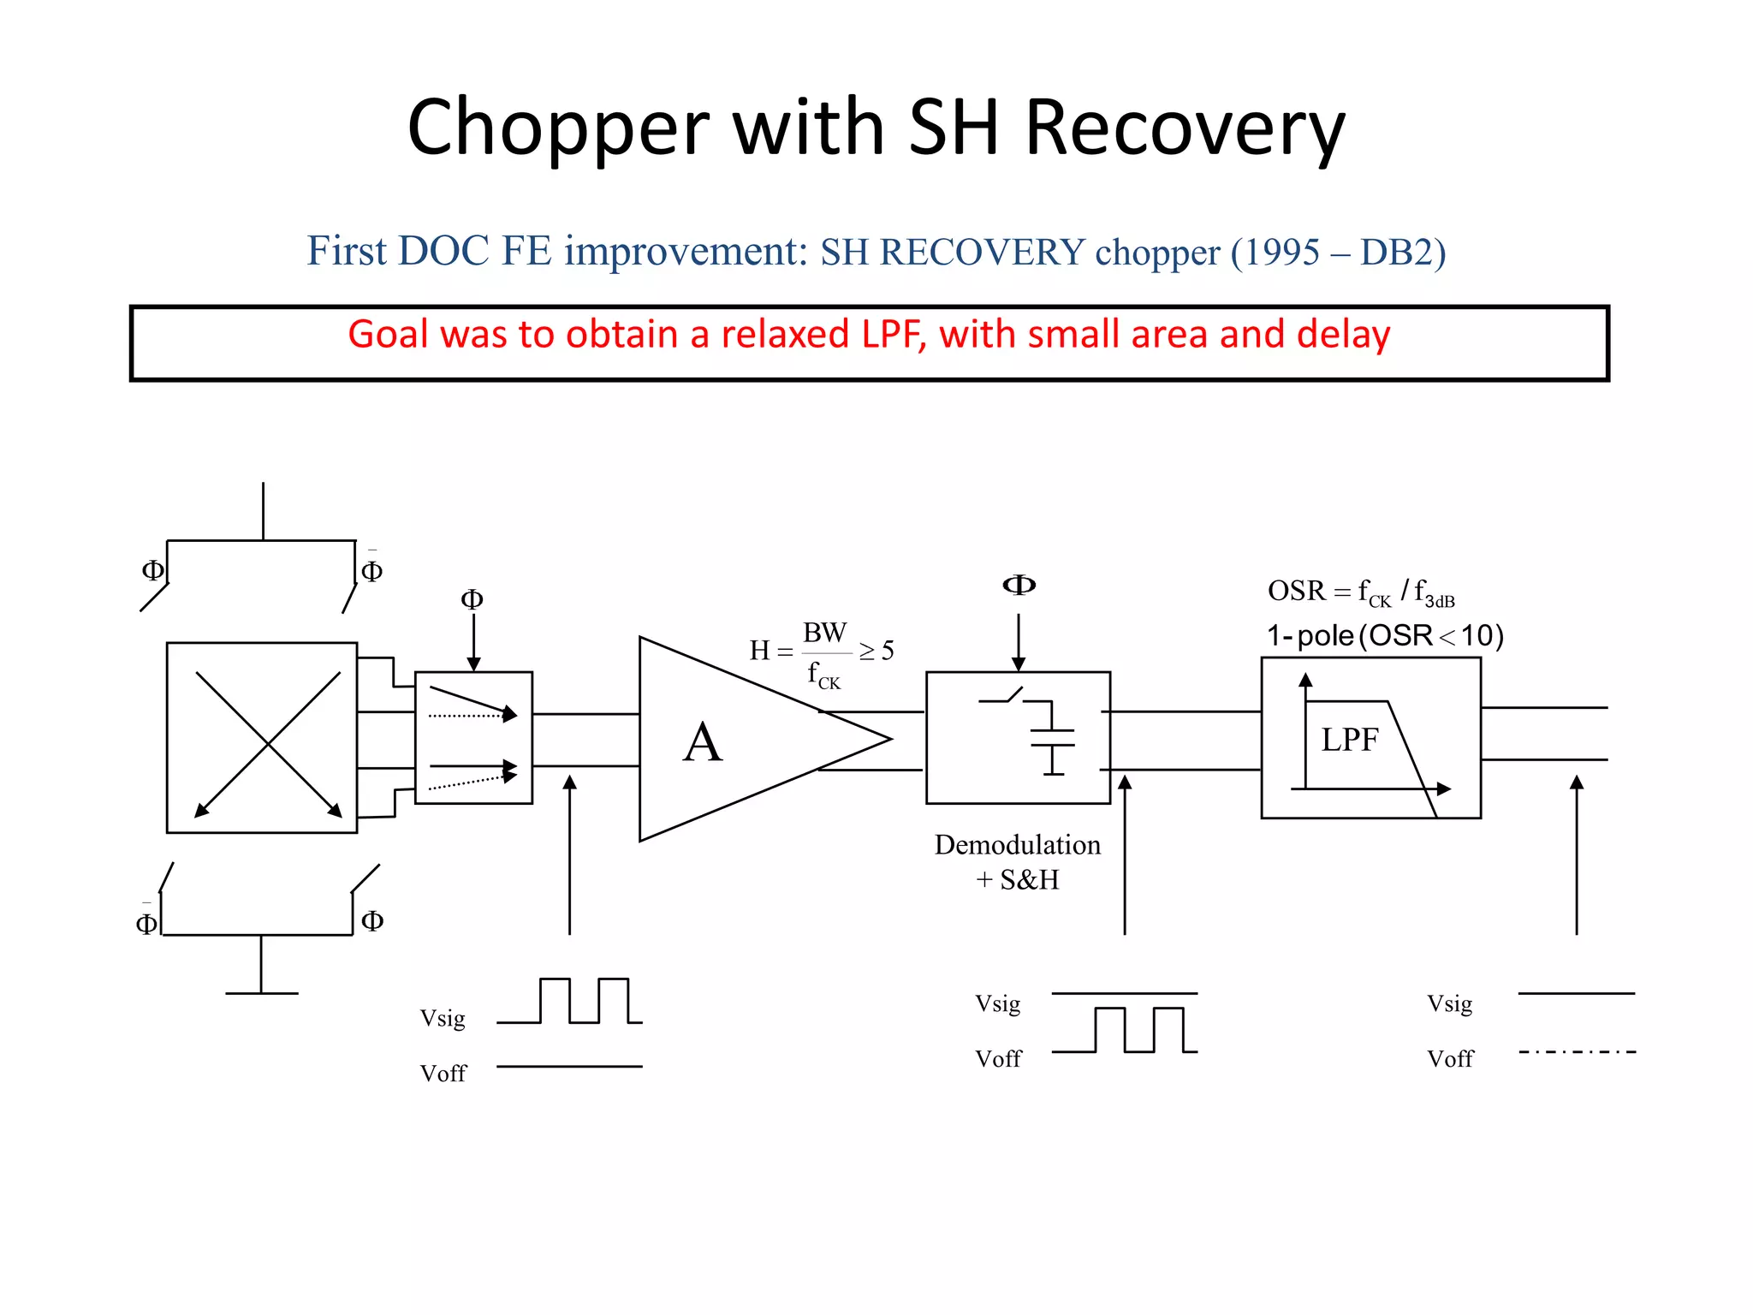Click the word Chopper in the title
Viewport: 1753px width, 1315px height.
[558, 128]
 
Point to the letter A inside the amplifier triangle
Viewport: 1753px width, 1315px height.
[703, 742]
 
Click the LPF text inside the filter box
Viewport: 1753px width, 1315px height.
[1349, 740]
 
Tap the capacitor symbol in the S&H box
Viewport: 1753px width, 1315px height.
[1053, 738]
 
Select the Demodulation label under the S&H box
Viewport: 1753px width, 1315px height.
[1017, 845]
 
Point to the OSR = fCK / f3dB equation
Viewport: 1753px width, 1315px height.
[1361, 592]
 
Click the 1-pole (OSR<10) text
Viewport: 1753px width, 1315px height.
[1384, 635]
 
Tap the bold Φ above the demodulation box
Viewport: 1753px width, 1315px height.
[1019, 585]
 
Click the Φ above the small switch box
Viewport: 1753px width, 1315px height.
[472, 599]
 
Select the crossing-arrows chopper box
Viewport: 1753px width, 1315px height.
[262, 737]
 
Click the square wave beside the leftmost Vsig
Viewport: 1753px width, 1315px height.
[569, 1001]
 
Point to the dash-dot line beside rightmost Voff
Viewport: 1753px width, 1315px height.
[1577, 1051]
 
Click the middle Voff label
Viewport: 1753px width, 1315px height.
[998, 1059]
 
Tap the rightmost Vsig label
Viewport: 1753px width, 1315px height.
[1449, 1003]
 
